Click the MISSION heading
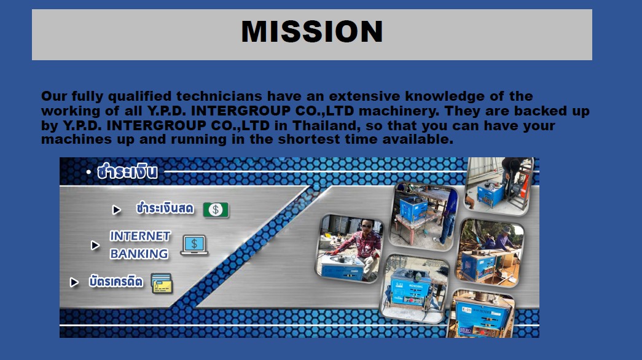click(x=312, y=31)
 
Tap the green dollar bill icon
click(x=216, y=209)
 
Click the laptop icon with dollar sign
click(x=194, y=245)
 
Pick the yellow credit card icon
click(x=162, y=283)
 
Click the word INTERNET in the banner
click(x=140, y=237)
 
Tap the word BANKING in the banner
click(x=139, y=254)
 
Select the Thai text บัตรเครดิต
click(x=116, y=281)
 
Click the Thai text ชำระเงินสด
click(x=165, y=208)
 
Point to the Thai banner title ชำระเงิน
click(x=127, y=171)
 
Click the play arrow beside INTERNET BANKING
click(x=95, y=245)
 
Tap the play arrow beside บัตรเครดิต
click(x=74, y=282)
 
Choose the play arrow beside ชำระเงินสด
click(x=117, y=210)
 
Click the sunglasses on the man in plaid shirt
click(x=366, y=226)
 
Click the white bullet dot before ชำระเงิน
click(x=88, y=172)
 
